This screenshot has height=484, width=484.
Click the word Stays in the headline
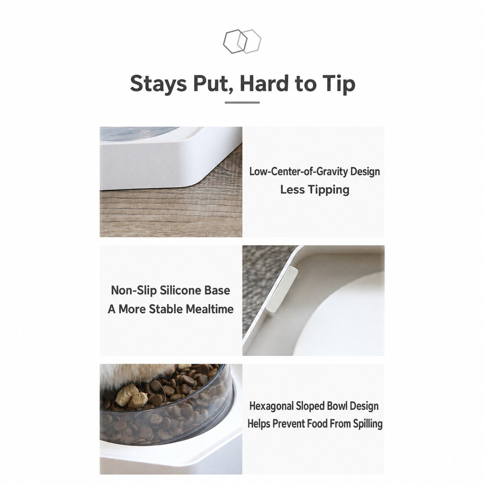coord(159,83)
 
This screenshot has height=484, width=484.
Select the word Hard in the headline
coord(264,83)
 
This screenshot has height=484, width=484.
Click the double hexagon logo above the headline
coord(242,41)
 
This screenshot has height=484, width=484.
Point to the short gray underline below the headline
coord(242,102)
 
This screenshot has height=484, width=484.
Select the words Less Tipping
coord(315,190)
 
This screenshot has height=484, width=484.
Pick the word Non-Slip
coord(134,290)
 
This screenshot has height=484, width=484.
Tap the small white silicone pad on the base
coord(282,290)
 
